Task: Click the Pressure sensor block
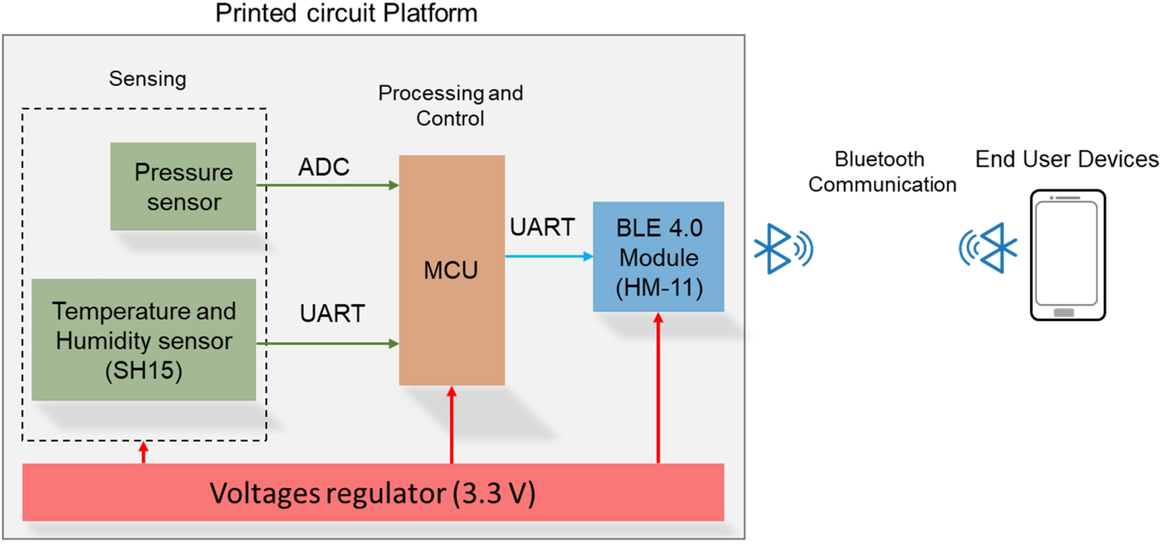[183, 186]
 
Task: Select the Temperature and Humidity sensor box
[144, 339]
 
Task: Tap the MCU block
[452, 270]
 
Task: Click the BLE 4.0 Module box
[658, 257]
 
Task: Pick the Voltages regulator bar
[373, 492]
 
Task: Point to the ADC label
[324, 167]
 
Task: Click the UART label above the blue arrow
[542, 227]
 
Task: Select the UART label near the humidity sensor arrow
[332, 313]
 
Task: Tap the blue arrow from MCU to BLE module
[548, 256]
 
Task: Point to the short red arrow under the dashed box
[144, 452]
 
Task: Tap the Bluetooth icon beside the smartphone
[988, 248]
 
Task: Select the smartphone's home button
[1063, 313]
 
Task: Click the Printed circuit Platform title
[346, 13]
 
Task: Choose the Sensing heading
[148, 79]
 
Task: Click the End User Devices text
[1066, 159]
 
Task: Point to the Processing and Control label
[450, 105]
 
